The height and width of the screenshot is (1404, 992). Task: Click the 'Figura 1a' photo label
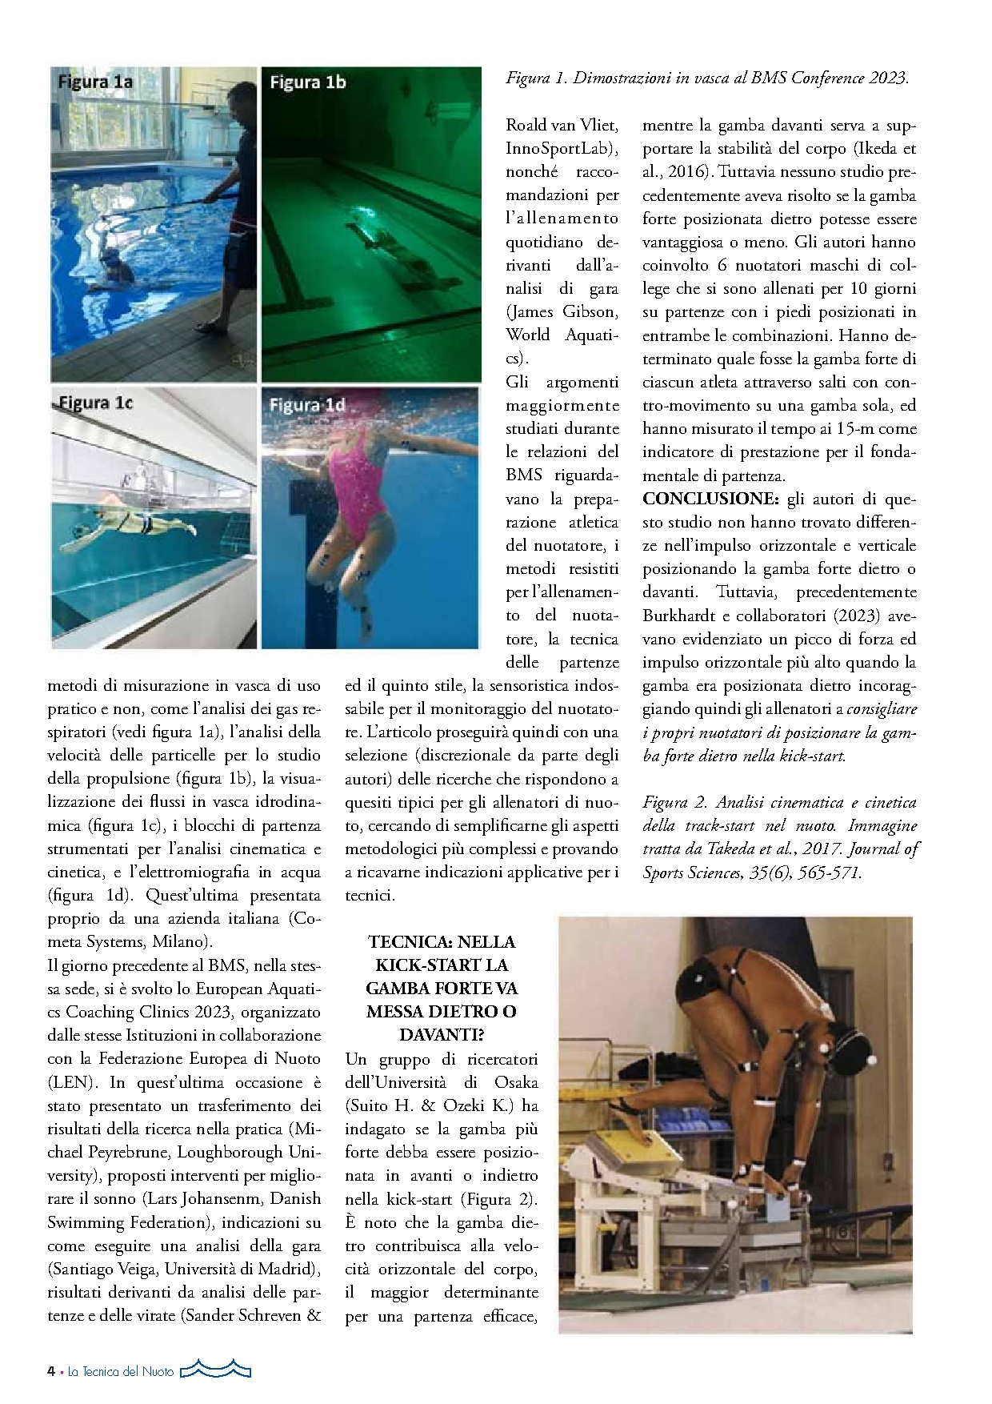tap(95, 82)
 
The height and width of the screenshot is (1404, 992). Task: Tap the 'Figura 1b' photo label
tap(307, 82)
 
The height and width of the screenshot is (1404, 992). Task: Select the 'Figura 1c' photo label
tap(95, 403)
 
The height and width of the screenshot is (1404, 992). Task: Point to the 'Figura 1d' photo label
tap(307, 405)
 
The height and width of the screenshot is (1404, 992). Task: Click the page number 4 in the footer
tap(51, 1371)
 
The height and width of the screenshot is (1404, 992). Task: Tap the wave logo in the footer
tap(215, 1370)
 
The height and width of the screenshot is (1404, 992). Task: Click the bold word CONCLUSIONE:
tap(710, 499)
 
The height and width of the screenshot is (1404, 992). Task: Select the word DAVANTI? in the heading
tap(442, 1035)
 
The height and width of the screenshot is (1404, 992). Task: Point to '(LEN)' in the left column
tap(72, 1082)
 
